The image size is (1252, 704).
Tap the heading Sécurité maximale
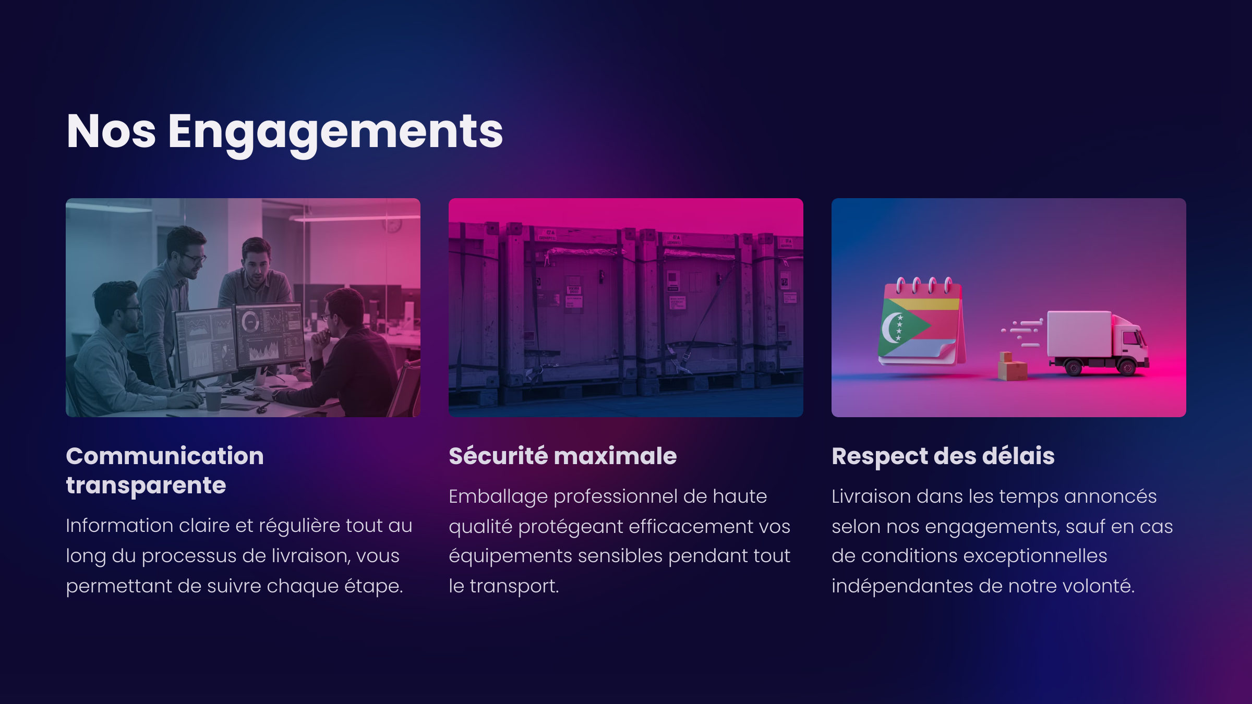[x=563, y=456]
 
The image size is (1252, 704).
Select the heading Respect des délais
[x=943, y=456]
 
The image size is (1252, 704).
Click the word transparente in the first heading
[x=146, y=485]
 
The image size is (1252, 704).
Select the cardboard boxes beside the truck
[x=1012, y=366]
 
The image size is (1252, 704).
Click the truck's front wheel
[x=1127, y=368]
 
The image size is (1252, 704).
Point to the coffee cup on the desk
[x=213, y=399]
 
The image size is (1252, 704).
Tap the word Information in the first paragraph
[x=119, y=525]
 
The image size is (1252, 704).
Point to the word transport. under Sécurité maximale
[x=514, y=587]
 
